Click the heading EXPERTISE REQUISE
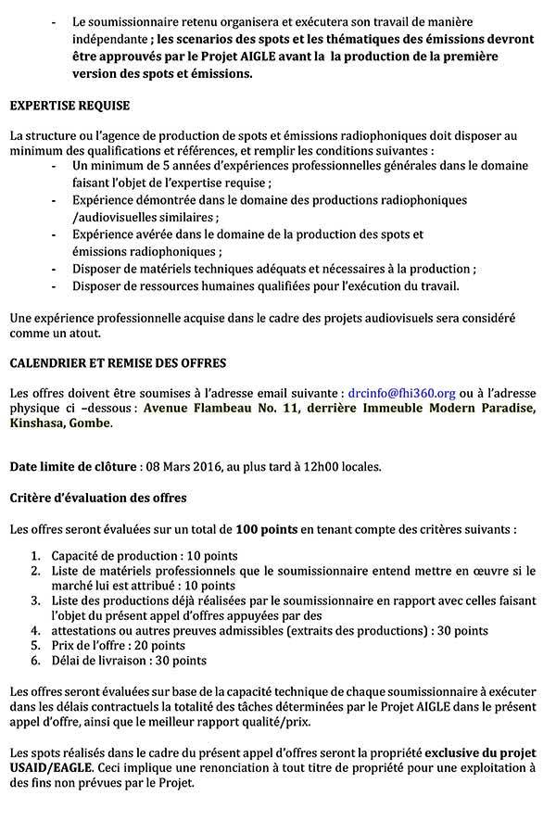click(69, 107)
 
